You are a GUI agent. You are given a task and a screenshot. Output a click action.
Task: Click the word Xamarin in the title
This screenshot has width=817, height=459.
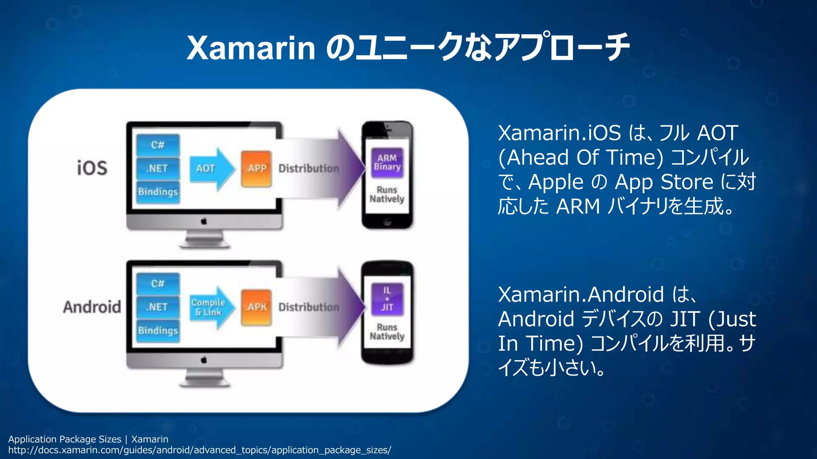(x=251, y=48)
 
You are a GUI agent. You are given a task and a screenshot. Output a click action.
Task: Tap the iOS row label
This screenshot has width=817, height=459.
(x=92, y=168)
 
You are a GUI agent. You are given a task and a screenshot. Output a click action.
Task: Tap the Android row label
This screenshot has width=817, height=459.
(x=92, y=307)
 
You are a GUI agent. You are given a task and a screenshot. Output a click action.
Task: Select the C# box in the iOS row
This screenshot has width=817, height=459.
(x=158, y=145)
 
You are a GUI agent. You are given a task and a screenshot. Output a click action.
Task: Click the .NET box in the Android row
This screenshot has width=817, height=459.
(x=158, y=307)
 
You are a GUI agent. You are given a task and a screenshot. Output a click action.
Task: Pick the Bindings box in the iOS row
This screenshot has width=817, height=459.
(x=158, y=192)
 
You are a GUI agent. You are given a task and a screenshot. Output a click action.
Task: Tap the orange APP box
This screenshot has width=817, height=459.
(x=257, y=169)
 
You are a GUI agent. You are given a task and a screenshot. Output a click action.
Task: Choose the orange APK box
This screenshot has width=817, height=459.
(x=257, y=308)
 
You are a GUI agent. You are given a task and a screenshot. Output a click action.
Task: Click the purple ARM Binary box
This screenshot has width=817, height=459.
(x=387, y=163)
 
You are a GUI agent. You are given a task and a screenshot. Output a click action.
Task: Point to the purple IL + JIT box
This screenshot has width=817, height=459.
(x=387, y=299)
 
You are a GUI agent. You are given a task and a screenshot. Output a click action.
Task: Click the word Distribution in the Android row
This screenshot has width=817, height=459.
(x=309, y=307)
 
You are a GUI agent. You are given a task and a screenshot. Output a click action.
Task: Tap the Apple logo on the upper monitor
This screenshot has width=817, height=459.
(x=204, y=221)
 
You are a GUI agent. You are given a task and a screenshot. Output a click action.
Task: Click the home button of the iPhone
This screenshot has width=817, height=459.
(x=387, y=222)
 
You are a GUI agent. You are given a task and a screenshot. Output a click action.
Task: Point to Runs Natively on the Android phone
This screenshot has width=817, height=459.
(x=387, y=332)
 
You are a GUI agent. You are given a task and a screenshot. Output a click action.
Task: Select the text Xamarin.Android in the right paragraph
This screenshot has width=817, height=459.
(x=581, y=295)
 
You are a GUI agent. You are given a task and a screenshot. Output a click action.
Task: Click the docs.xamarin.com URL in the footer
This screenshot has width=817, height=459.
(x=199, y=450)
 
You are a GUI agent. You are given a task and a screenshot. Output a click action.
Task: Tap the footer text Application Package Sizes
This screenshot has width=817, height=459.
(x=65, y=439)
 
